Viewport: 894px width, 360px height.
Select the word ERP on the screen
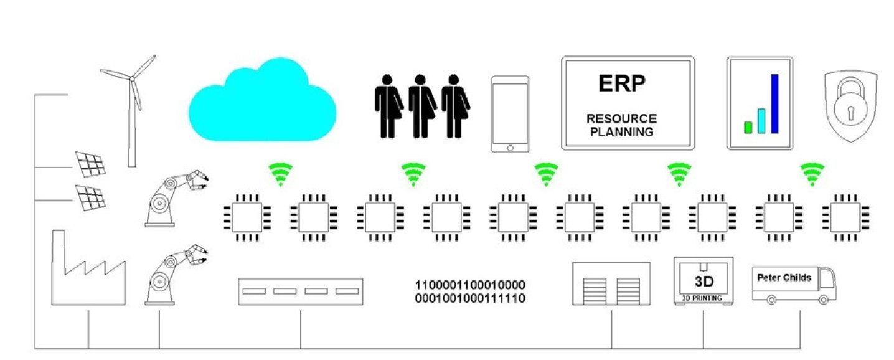tap(621, 83)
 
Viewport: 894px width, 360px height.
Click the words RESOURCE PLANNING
tap(622, 125)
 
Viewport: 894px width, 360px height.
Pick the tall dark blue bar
tap(774, 103)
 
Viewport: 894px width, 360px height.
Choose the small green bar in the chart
tap(748, 127)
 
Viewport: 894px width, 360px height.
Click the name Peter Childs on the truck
tap(784, 277)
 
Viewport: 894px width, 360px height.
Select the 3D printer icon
tap(703, 280)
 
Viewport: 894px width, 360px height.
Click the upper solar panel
tap(90, 164)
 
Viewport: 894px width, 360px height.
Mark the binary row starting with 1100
tap(470, 285)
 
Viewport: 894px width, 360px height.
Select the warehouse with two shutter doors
tap(611, 283)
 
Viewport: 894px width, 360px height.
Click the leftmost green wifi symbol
tap(280, 174)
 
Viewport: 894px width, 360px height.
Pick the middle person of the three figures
tap(421, 106)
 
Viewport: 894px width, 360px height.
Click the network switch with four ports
tap(300, 291)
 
